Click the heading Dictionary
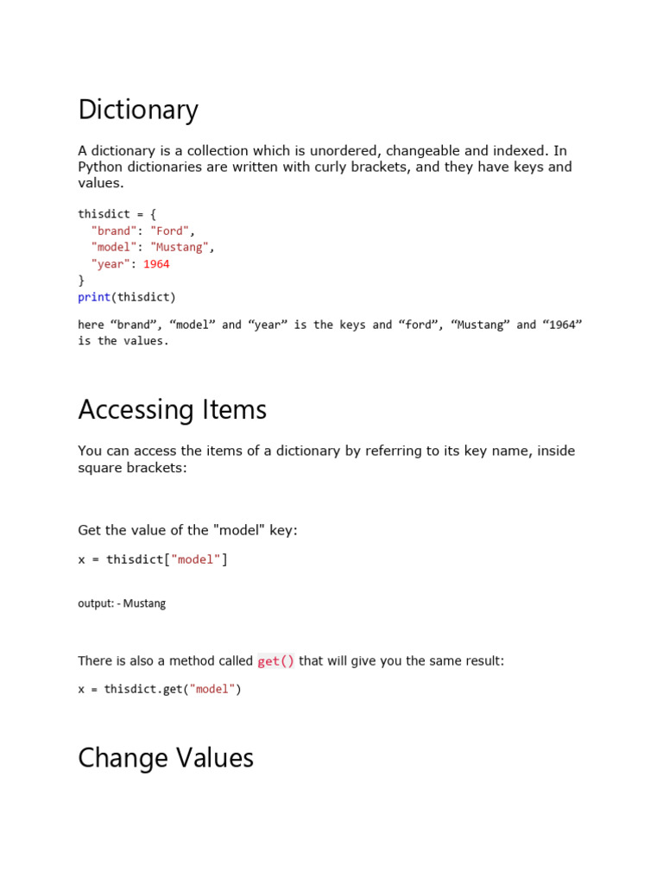138,110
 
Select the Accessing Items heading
172,410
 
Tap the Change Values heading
166,758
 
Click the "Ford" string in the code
170,230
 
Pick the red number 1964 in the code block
156,264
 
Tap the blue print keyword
94,297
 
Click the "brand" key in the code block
113,230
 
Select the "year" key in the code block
110,264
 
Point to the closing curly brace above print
81,281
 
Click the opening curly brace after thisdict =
153,214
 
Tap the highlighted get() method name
275,661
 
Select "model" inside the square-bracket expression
196,559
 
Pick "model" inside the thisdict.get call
212,689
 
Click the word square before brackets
101,467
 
